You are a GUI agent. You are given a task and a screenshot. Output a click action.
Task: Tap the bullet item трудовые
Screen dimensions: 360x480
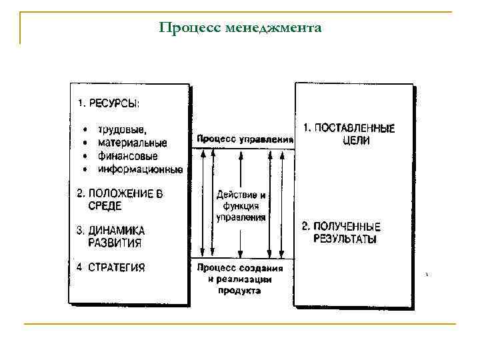point(123,129)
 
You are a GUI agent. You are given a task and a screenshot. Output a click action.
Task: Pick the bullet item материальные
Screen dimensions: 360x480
point(132,143)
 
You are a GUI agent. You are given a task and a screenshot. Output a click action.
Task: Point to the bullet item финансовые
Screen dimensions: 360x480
point(127,156)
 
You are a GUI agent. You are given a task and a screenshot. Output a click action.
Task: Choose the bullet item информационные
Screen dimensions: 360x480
point(140,169)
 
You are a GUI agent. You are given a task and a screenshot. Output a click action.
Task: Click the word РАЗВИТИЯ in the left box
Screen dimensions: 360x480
point(115,243)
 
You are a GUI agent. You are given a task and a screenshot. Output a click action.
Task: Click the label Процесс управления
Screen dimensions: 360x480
point(245,139)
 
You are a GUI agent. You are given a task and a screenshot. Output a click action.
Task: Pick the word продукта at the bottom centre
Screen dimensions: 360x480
point(239,290)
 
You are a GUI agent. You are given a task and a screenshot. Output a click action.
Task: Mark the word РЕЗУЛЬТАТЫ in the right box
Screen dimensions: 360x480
point(345,239)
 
